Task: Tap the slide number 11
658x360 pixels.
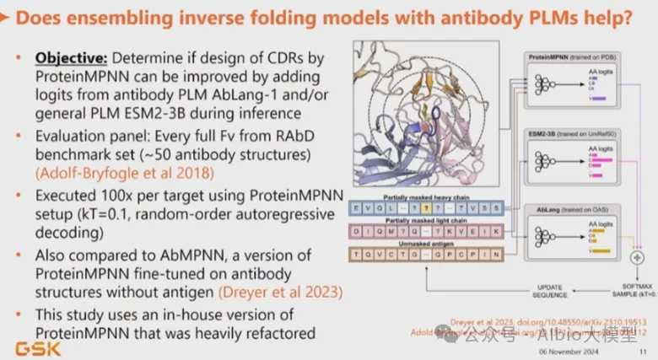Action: click(x=644, y=351)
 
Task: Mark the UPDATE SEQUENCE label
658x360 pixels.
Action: click(x=552, y=290)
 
